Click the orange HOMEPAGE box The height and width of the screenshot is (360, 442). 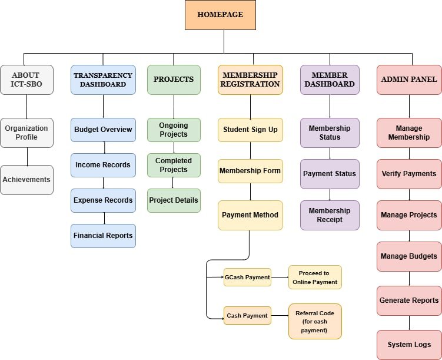pyautogui.click(x=220, y=15)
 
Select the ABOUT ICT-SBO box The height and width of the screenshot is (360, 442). pyautogui.click(x=27, y=80)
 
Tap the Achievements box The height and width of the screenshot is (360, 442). pyautogui.click(x=27, y=180)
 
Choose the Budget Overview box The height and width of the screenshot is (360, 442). pyautogui.click(x=103, y=130)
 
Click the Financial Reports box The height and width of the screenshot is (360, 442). pyautogui.click(x=103, y=236)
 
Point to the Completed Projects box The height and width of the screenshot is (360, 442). pyautogui.click(x=174, y=166)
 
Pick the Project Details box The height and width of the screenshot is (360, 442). pyautogui.click(x=174, y=200)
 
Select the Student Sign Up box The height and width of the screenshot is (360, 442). pyautogui.click(x=250, y=130)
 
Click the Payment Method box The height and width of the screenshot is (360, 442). pyautogui.click(x=250, y=215)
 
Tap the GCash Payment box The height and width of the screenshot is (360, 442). pyautogui.click(x=248, y=278)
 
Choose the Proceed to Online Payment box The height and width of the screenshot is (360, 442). pyautogui.click(x=315, y=278)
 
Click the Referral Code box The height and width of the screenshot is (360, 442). pyautogui.click(x=315, y=321)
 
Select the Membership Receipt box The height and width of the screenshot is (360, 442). pyautogui.click(x=330, y=215)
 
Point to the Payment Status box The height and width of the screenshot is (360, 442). pyautogui.click(x=330, y=174)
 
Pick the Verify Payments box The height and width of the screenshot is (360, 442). pyautogui.click(x=409, y=174)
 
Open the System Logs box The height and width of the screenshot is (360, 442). pyautogui.click(x=409, y=345)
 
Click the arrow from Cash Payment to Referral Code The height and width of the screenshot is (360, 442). pyautogui.click(x=280, y=315)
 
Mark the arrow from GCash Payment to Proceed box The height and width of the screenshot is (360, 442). pyautogui.click(x=280, y=278)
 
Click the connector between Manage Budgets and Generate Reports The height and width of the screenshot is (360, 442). pyautogui.click(x=409, y=279)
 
